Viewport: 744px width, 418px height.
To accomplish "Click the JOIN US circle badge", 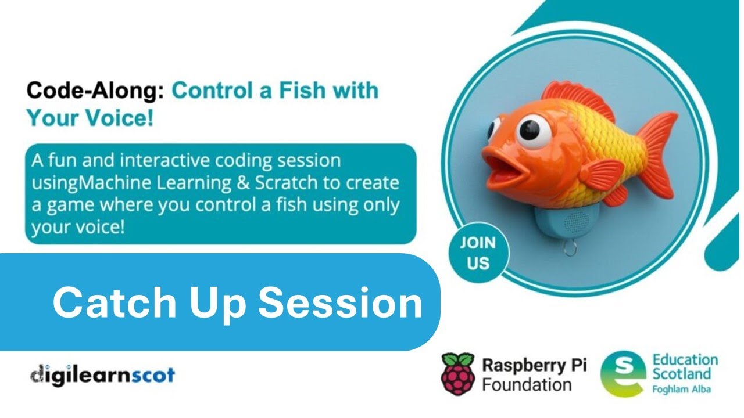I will tap(478, 253).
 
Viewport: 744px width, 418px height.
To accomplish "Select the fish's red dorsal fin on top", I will tap(581, 99).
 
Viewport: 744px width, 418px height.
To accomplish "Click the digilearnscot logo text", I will tap(102, 374).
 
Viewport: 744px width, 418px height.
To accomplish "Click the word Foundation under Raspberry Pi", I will tap(527, 384).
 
